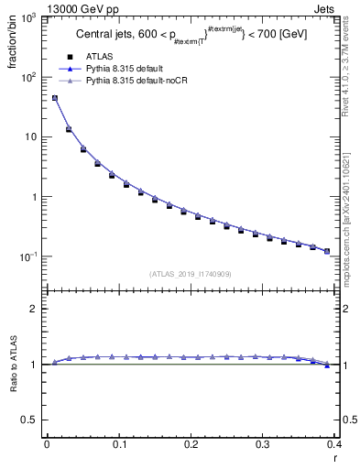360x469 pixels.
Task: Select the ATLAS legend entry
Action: tap(100, 56)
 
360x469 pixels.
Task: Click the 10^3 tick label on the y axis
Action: tap(29, 18)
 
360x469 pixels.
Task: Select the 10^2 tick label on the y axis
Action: tap(29, 78)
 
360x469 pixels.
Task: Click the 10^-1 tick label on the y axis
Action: tap(29, 256)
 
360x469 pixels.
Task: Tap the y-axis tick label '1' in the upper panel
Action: tap(35, 197)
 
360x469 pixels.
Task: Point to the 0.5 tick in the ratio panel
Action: tap(30, 420)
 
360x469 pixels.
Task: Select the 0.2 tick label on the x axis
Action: tap(191, 444)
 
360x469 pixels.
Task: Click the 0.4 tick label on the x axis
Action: tap(334, 444)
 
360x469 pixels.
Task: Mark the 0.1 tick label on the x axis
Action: tap(118, 444)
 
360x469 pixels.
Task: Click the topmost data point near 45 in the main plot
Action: tap(54, 98)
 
